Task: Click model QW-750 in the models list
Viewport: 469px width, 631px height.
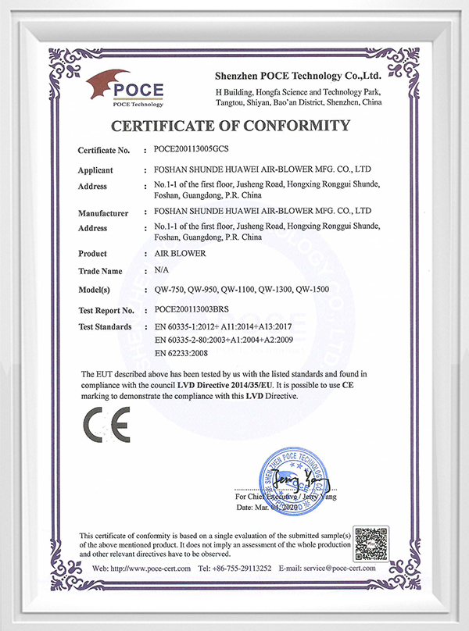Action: [x=172, y=290]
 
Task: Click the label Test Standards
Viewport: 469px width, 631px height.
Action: [x=105, y=326]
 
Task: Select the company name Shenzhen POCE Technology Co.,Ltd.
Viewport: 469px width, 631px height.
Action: [x=298, y=76]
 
